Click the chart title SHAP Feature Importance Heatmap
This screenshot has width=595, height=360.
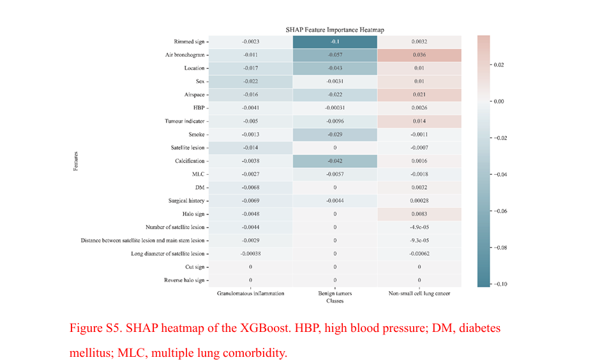tap(335, 30)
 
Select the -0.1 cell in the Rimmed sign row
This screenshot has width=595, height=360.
tap(335, 41)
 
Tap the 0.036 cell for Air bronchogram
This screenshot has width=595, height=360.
tap(419, 55)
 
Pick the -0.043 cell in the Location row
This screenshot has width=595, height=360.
tap(335, 68)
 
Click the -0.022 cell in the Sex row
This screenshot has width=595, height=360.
tap(250, 81)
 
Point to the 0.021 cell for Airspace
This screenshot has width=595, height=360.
tap(419, 94)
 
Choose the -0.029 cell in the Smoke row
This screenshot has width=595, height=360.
tap(335, 135)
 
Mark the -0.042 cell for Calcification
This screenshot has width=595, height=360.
tap(335, 161)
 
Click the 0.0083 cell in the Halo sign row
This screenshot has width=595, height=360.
tap(419, 214)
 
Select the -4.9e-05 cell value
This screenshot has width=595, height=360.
tap(419, 227)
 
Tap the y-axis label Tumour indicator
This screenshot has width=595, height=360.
tap(186, 121)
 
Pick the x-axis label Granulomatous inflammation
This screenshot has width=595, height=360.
tap(250, 294)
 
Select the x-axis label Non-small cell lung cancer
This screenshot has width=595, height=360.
tap(419, 294)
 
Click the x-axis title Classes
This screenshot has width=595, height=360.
tap(335, 301)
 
